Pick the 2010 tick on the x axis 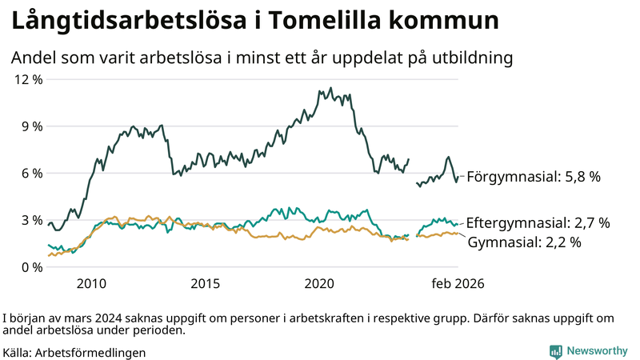[91, 283]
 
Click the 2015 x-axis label [206, 283]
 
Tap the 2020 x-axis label [320, 283]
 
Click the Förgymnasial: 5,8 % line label [533, 177]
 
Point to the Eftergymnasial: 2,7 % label [538, 222]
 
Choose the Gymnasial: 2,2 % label [523, 241]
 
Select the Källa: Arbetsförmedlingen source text [74, 352]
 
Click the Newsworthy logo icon [555, 351]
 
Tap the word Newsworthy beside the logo [597, 351]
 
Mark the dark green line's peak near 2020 [330, 89]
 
